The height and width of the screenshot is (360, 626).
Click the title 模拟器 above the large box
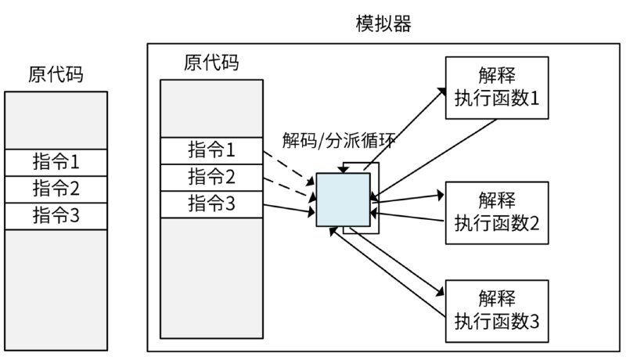click(x=383, y=23)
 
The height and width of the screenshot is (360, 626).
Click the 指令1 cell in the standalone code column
click(x=56, y=164)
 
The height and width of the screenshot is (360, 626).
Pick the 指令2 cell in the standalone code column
click(x=56, y=189)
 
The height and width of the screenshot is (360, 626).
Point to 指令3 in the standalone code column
click(x=56, y=215)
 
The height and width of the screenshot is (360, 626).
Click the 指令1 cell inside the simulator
click(x=211, y=150)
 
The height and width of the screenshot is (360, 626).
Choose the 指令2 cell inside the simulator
click(x=211, y=177)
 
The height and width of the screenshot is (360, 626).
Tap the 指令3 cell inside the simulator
click(x=211, y=203)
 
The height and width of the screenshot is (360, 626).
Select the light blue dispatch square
click(x=343, y=200)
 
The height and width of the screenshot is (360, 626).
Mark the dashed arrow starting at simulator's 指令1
click(x=288, y=168)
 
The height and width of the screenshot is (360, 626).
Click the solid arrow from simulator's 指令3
click(x=290, y=208)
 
